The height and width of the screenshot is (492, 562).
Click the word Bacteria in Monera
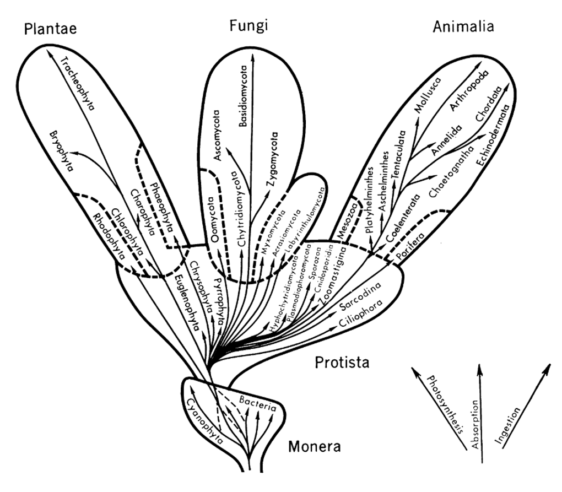[x=258, y=404]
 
